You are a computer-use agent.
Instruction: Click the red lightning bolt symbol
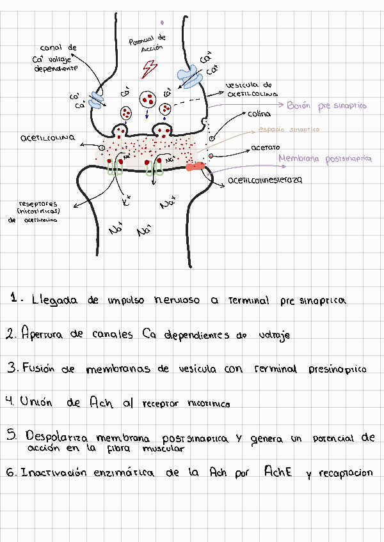click(x=150, y=66)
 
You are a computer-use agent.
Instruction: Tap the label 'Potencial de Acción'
click(x=148, y=43)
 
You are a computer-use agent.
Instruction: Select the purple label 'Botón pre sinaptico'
click(x=326, y=106)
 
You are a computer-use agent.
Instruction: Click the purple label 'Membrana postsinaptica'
click(x=324, y=159)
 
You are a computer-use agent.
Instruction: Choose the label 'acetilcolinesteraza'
click(x=265, y=180)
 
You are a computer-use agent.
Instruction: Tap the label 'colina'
click(x=259, y=114)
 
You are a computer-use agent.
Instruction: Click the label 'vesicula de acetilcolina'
click(x=252, y=89)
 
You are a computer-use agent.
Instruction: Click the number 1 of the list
click(x=15, y=298)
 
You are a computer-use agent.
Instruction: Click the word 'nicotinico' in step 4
click(x=209, y=403)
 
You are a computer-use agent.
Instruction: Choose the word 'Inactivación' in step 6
click(x=57, y=473)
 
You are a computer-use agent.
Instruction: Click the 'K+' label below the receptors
click(x=127, y=203)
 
